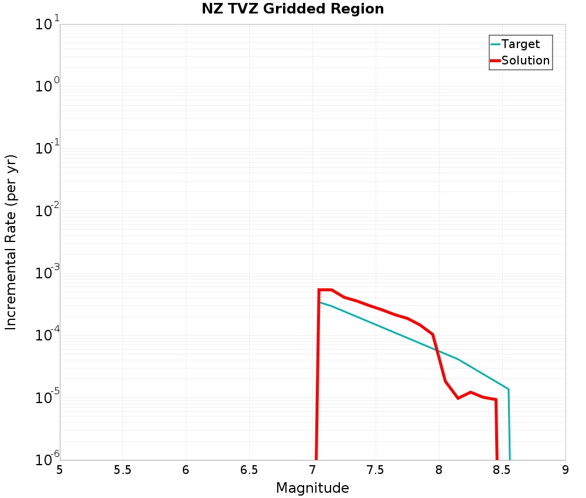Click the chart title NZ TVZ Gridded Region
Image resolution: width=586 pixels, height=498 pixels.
click(x=293, y=9)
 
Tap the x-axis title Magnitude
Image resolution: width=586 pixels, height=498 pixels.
click(x=312, y=488)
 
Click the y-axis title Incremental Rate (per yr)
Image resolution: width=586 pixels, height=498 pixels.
click(x=11, y=242)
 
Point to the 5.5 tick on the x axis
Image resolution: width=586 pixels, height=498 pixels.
click(x=122, y=470)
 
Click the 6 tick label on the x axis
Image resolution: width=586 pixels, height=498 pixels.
click(x=186, y=470)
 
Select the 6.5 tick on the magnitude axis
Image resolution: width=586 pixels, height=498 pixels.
click(x=249, y=470)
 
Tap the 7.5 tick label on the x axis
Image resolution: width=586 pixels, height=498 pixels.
click(x=376, y=470)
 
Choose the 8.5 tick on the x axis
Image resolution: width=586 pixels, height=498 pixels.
click(x=502, y=470)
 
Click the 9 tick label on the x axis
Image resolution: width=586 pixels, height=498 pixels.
click(x=565, y=470)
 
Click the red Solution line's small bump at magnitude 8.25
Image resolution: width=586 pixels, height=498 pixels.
click(x=471, y=392)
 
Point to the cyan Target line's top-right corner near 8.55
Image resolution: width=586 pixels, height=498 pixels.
click(x=508, y=389)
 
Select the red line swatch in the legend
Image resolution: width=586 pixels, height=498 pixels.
click(x=495, y=60)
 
